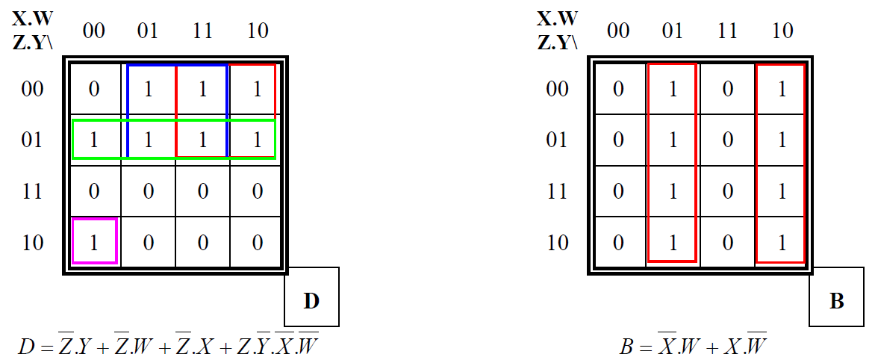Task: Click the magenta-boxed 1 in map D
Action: pyautogui.click(x=94, y=242)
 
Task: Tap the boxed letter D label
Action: pyautogui.click(x=311, y=301)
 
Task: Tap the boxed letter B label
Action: pyautogui.click(x=836, y=301)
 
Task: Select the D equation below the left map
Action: pyautogui.click(x=171, y=345)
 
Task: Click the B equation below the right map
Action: pyautogui.click(x=694, y=345)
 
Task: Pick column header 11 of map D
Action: pyautogui.click(x=202, y=31)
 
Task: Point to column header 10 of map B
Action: pyautogui.click(x=782, y=31)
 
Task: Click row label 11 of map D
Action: pyautogui.click(x=32, y=191)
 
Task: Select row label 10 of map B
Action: pyautogui.click(x=557, y=242)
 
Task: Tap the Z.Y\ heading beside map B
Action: pyautogui.click(x=557, y=41)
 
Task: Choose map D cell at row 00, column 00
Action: pyautogui.click(x=94, y=90)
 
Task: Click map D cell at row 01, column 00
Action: pyautogui.click(x=94, y=140)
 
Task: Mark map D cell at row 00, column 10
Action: pyautogui.click(x=257, y=90)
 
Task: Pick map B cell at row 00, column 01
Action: pyautogui.click(x=673, y=90)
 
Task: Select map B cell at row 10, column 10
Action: pyautogui.click(x=782, y=242)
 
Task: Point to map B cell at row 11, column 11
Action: pyautogui.click(x=727, y=191)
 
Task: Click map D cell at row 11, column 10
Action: pyautogui.click(x=257, y=191)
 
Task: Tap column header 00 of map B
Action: pyautogui.click(x=618, y=31)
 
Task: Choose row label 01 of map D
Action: pyautogui.click(x=32, y=140)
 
